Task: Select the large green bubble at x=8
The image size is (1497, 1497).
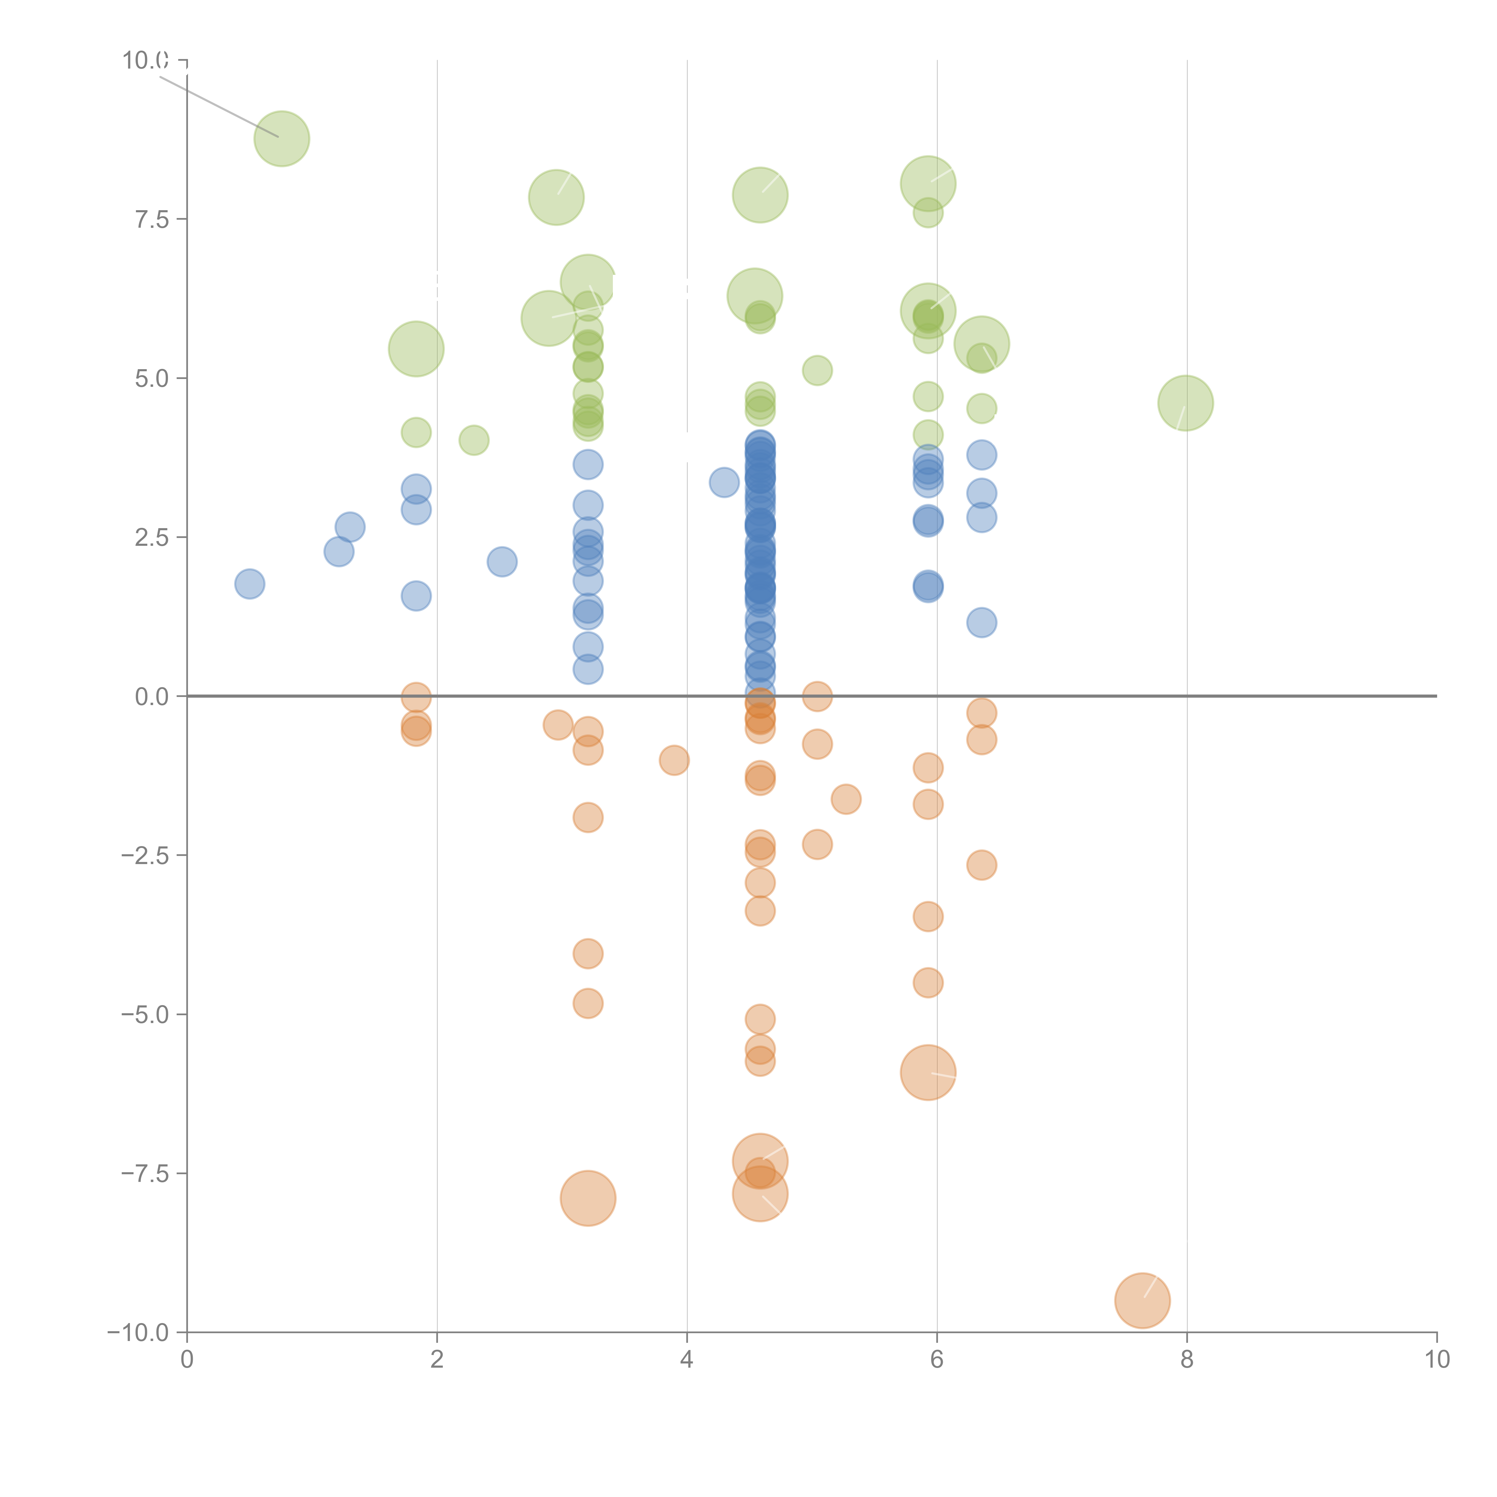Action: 1186,403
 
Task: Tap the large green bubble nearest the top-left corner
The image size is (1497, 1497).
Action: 282,139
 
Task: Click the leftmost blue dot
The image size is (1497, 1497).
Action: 249,584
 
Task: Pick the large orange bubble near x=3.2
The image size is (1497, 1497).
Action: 588,1198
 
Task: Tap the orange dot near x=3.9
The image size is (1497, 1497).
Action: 674,760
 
